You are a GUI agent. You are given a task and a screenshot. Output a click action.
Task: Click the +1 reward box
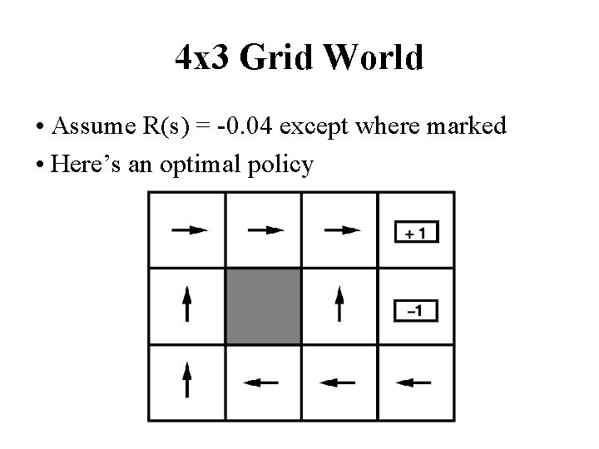[x=416, y=234]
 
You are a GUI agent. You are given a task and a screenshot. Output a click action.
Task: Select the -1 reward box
[x=416, y=312]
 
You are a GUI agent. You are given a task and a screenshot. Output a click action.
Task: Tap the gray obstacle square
[x=263, y=305]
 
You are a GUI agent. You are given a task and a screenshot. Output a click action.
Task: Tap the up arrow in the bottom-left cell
[x=187, y=379]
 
